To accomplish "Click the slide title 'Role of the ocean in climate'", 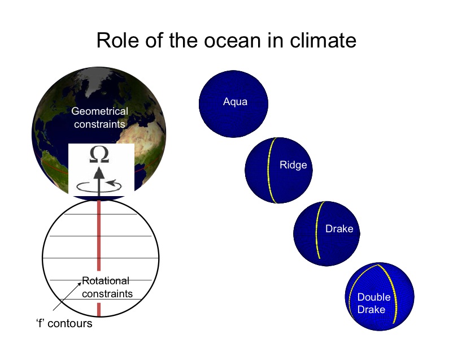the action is pos(227,40).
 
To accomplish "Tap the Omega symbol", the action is pos(99,155).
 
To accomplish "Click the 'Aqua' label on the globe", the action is pos(235,102).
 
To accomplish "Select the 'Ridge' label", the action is pos(293,165).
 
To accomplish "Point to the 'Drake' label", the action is pos(339,229).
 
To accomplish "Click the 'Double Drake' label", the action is pos(373,303).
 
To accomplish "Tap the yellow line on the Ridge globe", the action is pos(271,170).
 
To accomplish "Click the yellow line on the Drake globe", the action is pos(318,229).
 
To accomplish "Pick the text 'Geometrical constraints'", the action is pos(99,118).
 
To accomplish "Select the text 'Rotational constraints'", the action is pos(107,287).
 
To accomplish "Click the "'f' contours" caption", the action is pos(64,323).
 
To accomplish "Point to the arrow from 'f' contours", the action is pos(67,296).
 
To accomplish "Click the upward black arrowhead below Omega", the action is pos(99,173).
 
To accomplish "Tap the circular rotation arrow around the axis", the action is pos(99,186).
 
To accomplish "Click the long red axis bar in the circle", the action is pos(99,236).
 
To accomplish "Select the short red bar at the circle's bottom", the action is pos(99,310).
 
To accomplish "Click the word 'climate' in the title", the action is pos(323,40).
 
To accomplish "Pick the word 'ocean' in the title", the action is pos(231,41).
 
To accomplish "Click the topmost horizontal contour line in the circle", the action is pos(101,214).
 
